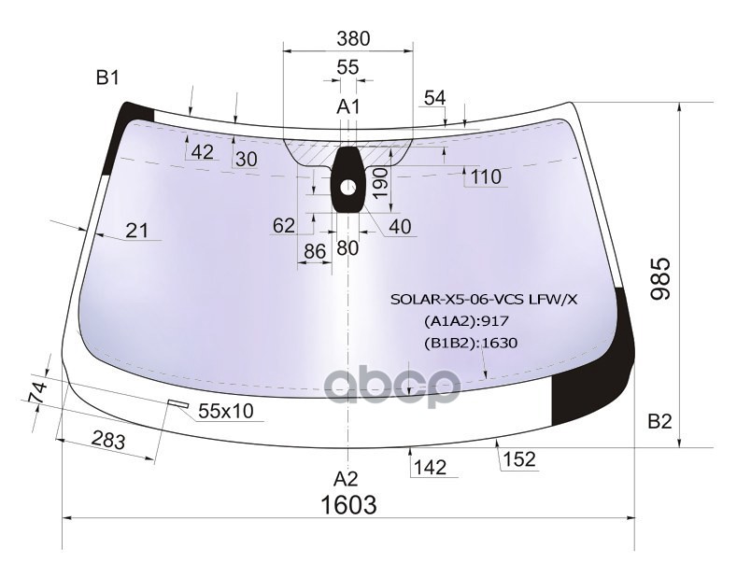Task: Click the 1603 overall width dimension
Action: pyautogui.click(x=348, y=504)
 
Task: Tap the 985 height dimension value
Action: pyautogui.click(x=661, y=279)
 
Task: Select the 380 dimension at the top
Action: pyautogui.click(x=353, y=38)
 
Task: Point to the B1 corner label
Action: pyautogui.click(x=107, y=77)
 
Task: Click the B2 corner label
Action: pyautogui.click(x=660, y=421)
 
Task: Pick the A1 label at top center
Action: pyautogui.click(x=347, y=106)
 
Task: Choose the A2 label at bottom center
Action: pyautogui.click(x=346, y=478)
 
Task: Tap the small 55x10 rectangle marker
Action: pyautogui.click(x=177, y=403)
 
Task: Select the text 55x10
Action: pyautogui.click(x=226, y=411)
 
